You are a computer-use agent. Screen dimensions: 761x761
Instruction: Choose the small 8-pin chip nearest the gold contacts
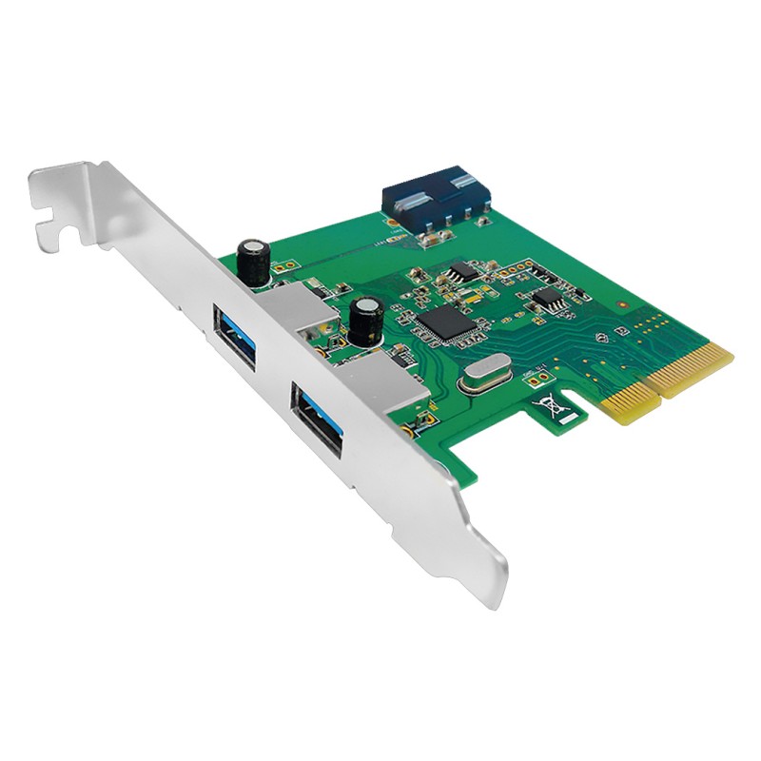coord(547,299)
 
